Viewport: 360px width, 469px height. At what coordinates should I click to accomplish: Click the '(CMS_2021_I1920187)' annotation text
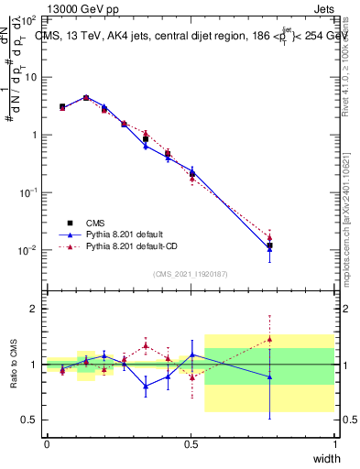pos(190,273)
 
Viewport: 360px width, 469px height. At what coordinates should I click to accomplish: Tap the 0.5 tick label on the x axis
pos(191,444)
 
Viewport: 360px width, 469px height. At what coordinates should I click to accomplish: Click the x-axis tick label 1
pos(335,444)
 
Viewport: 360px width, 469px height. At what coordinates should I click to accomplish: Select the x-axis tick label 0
pos(47,444)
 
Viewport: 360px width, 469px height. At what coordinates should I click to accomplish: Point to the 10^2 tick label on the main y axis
pos(27,19)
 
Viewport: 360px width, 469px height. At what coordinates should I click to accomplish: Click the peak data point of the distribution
pos(86,97)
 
